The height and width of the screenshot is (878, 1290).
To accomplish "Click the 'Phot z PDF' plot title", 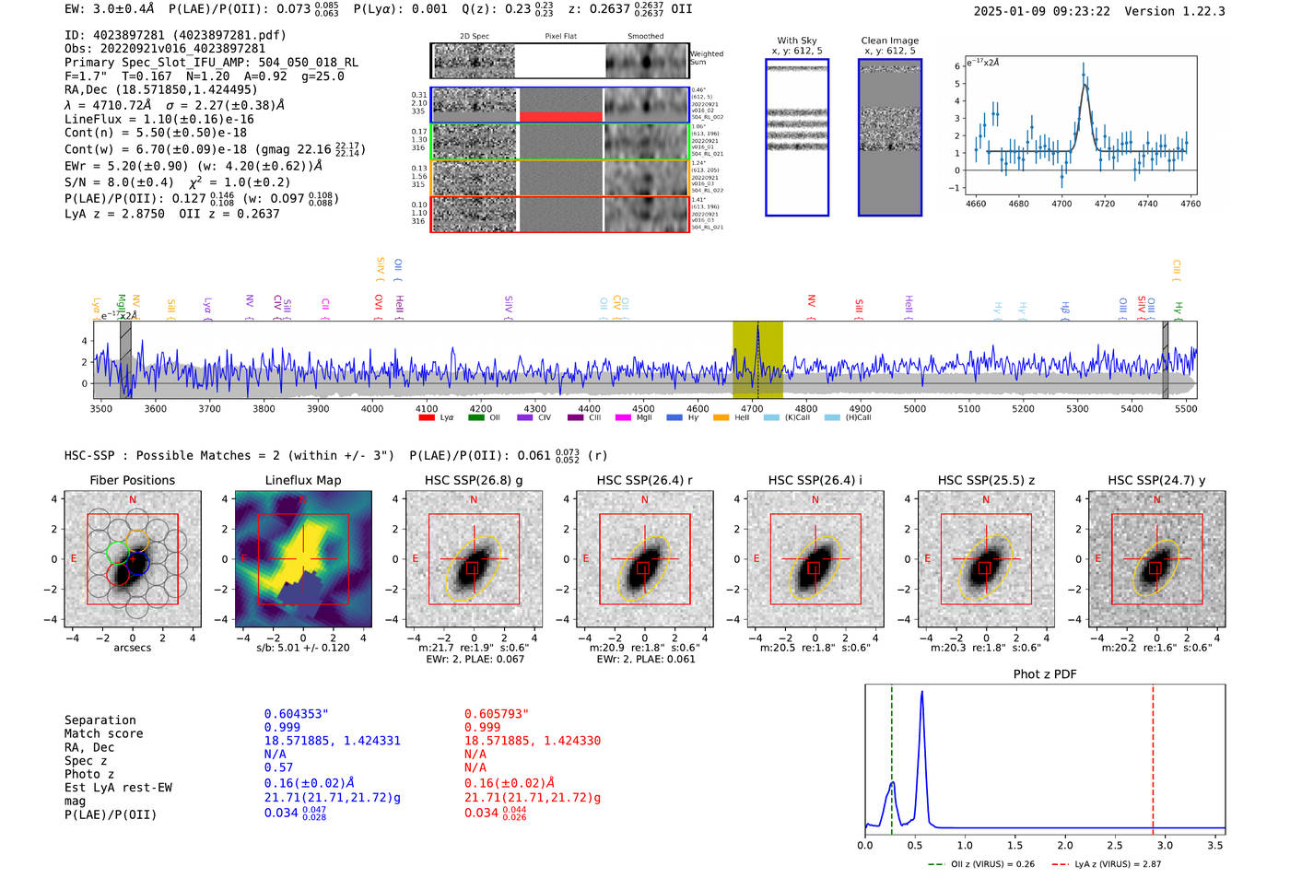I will click(1045, 674).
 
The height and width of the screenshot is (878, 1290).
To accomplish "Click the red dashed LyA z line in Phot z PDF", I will click(1153, 755).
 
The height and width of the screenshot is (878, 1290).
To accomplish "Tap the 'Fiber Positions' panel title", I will click(132, 480).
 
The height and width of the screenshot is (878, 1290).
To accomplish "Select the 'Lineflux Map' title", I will click(303, 480).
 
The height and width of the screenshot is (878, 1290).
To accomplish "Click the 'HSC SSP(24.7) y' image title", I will click(1156, 480).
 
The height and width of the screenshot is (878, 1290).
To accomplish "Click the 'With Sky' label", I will click(797, 41).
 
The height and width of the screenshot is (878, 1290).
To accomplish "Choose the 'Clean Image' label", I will click(889, 41).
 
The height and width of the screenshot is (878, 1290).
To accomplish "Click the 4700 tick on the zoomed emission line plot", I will click(1061, 204).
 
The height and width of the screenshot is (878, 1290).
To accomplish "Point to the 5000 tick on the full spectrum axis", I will click(915, 409).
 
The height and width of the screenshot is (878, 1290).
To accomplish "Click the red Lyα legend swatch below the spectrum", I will click(427, 418).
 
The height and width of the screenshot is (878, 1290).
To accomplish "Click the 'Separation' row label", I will click(100, 720).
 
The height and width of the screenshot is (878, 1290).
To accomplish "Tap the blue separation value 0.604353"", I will click(296, 714).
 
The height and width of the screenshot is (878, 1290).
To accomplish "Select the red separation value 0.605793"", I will click(496, 714).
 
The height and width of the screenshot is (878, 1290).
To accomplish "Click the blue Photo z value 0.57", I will click(278, 767).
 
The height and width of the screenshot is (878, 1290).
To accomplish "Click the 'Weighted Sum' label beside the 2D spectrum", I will click(707, 58).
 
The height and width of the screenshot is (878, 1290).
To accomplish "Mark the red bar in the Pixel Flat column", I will click(560, 116).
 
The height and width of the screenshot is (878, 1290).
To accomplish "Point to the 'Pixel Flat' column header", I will click(560, 37).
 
